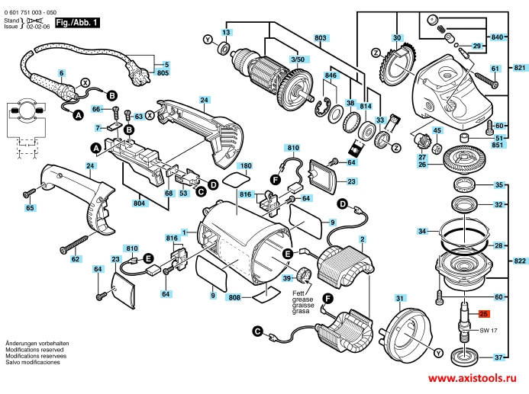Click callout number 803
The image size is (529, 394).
coord(320,37)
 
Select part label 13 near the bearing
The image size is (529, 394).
coord(226,33)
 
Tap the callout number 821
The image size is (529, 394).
coord(520,69)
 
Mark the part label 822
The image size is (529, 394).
coord(520,261)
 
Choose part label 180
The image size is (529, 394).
coord(244,165)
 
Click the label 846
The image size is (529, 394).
coord(331,76)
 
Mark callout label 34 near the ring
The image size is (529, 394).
coord(422,231)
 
